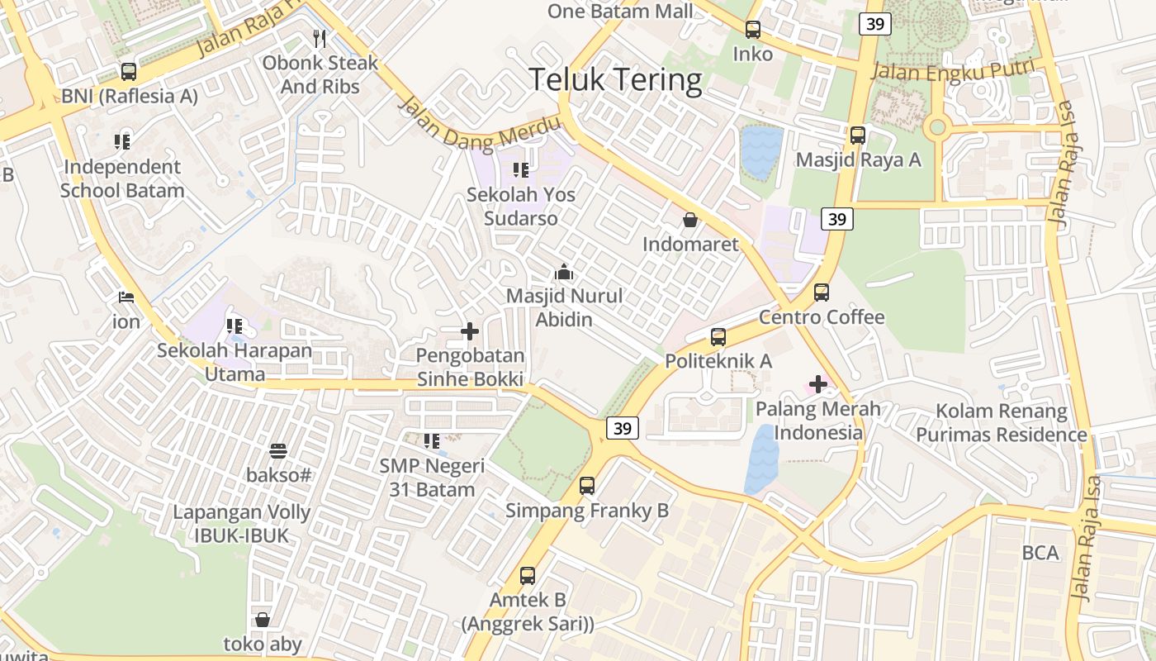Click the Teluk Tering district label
tap(615, 80)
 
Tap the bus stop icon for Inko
tap(753, 30)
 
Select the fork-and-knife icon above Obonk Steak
tap(320, 38)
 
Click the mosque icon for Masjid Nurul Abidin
tap(564, 271)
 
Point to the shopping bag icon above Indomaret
tap(689, 220)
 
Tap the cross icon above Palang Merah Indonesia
tap(818, 383)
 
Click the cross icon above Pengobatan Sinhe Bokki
tap(470, 331)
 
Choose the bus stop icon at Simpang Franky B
tap(587, 486)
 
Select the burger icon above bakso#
tap(278, 451)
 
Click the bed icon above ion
tap(126, 297)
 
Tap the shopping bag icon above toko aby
tap(263, 620)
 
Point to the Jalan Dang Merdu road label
tap(479, 125)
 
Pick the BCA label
tap(1040, 553)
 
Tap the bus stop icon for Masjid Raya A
tap(858, 136)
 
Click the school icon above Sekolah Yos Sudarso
tap(520, 170)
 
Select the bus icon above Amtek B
tap(528, 575)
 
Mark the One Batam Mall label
tap(621, 12)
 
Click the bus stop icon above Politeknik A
tap(718, 337)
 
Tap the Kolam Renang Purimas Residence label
tap(1002, 423)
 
